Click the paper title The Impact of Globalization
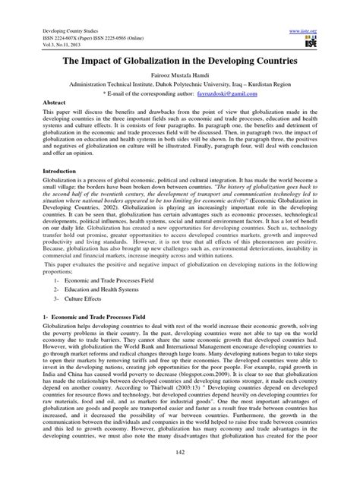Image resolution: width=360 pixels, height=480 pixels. pyautogui.click(x=179, y=65)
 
